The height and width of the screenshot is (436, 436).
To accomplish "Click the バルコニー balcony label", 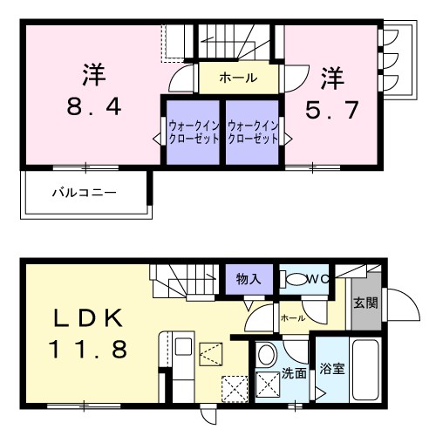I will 84,189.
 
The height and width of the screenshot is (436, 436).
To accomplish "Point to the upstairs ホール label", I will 238,78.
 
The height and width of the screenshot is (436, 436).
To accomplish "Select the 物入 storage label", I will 249,278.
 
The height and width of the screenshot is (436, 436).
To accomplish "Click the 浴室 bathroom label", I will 331,367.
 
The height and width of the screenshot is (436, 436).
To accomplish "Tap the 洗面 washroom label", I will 293,373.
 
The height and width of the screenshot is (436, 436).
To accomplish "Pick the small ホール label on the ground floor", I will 293,318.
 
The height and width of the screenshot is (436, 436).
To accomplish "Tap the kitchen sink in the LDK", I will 183,347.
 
